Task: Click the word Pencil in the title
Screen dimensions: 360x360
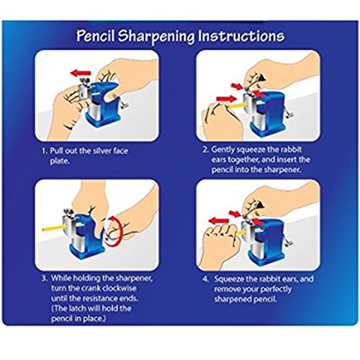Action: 96,36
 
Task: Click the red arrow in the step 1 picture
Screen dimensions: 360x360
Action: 81,73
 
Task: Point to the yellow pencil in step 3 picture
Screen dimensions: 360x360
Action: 54,228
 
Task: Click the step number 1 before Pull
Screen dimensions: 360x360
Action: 44,151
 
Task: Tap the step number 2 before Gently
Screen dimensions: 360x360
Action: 205,150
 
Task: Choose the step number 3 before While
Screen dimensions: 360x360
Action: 45,278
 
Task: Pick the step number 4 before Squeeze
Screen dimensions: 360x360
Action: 206,279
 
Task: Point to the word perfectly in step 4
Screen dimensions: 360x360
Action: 276,289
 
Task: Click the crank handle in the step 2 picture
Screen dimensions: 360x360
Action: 289,114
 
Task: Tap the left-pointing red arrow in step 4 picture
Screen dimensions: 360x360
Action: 218,220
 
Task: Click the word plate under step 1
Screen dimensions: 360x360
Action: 60,161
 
